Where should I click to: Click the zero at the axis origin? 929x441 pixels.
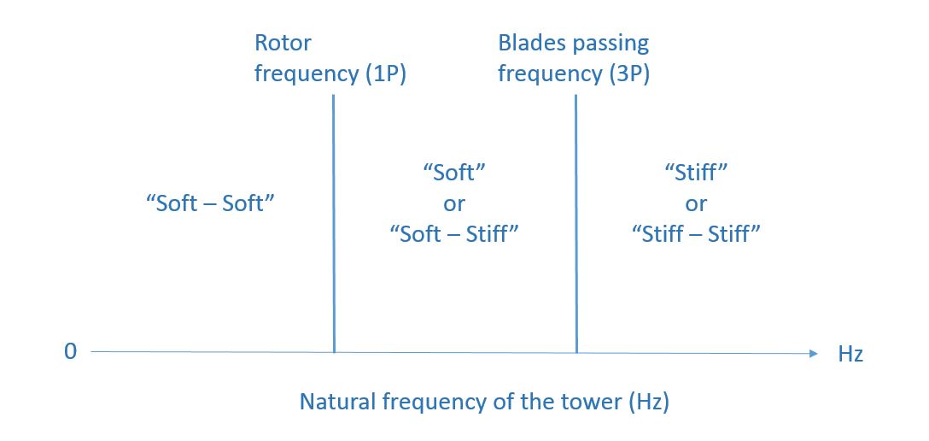pyautogui.click(x=71, y=351)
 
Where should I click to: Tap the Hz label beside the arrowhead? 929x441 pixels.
pyautogui.click(x=850, y=354)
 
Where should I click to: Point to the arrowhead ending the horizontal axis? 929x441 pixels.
pyautogui.click(x=814, y=353)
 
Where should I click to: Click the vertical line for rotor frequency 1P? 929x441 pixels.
pyautogui.click(x=334, y=223)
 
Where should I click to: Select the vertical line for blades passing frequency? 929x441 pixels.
pyautogui.click(x=576, y=223)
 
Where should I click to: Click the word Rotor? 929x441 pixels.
pyautogui.click(x=283, y=43)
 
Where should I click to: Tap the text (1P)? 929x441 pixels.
pyautogui.click(x=383, y=74)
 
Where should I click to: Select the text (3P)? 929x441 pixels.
pyautogui.click(x=627, y=74)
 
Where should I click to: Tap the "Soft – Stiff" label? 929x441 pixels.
pyautogui.click(x=454, y=233)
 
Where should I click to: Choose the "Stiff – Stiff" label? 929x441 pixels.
pyautogui.click(x=696, y=233)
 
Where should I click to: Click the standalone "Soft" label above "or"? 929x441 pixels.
pyautogui.click(x=454, y=173)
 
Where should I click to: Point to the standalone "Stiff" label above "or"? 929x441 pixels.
pyautogui.click(x=696, y=173)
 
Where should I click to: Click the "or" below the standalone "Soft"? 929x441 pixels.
pyautogui.click(x=454, y=204)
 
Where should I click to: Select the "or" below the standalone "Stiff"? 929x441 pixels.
pyautogui.click(x=696, y=204)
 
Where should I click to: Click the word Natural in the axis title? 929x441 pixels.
pyautogui.click(x=336, y=402)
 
